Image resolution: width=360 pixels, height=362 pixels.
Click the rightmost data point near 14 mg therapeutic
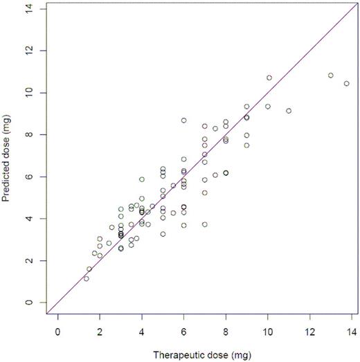[x=346, y=84]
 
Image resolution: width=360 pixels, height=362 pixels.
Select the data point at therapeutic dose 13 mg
[x=330, y=75]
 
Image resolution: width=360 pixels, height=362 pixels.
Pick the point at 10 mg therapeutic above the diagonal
[x=269, y=78]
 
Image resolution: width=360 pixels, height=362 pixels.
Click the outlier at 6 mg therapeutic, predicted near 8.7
[x=184, y=120]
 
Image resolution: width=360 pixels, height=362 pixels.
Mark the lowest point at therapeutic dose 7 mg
[x=205, y=224]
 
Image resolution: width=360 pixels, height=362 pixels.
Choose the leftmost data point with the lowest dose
[x=86, y=278]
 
